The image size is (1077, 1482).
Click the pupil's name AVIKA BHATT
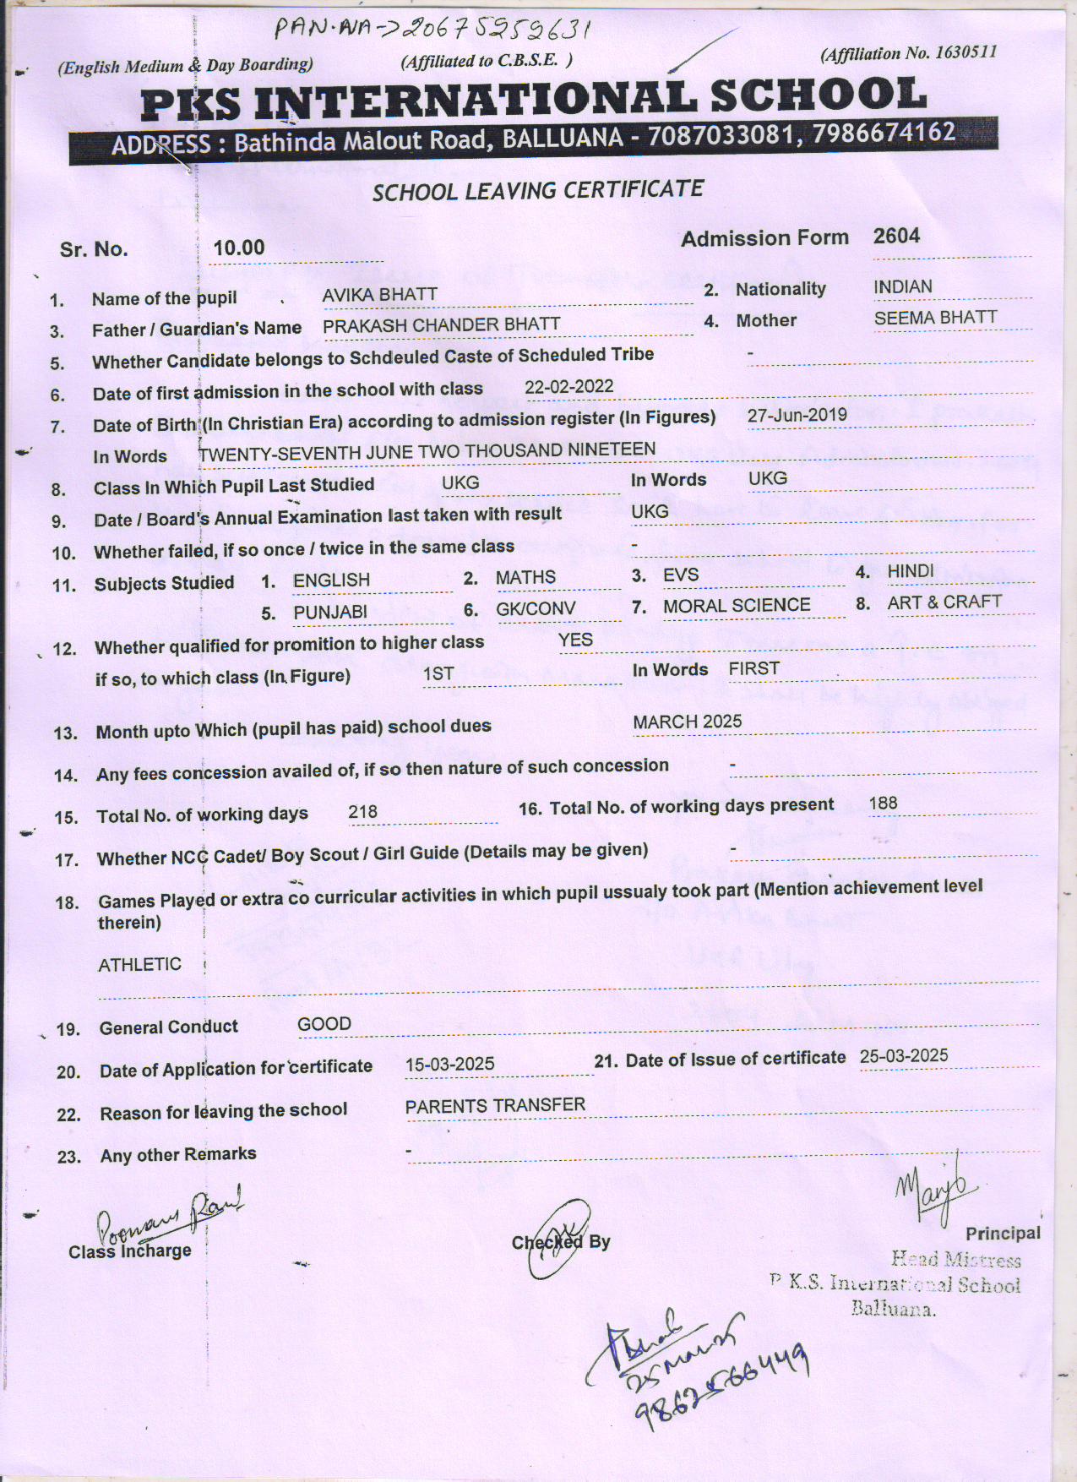click(x=379, y=295)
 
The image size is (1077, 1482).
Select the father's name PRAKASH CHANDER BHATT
click(x=441, y=324)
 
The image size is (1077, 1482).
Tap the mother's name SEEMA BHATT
click(x=935, y=318)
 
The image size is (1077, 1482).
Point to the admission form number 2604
click(x=896, y=236)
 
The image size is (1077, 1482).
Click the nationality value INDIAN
click(x=902, y=287)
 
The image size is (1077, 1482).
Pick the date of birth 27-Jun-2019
click(x=797, y=415)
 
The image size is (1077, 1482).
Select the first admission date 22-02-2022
click(x=568, y=387)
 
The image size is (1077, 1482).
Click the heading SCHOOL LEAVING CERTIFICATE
click(x=538, y=190)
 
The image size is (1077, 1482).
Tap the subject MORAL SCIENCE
click(x=736, y=606)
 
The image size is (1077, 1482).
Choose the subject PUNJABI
click(x=329, y=612)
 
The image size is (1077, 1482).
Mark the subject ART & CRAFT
click(x=944, y=602)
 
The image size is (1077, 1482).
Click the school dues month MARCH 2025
click(x=687, y=722)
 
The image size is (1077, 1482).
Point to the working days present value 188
click(x=883, y=804)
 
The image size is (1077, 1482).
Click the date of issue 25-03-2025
click(x=903, y=1056)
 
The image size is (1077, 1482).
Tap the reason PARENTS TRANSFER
click(x=494, y=1106)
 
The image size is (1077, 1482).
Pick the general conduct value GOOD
click(x=324, y=1025)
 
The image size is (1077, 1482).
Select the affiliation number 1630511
click(x=965, y=52)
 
